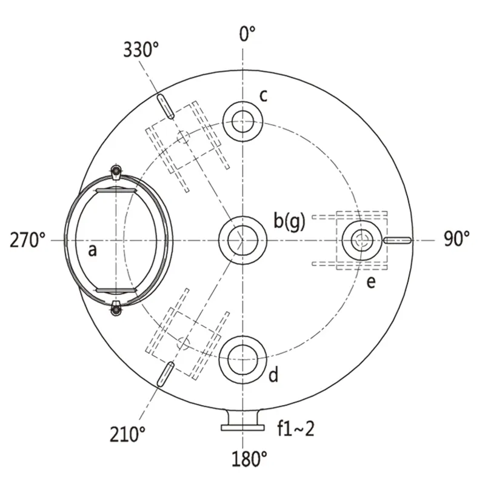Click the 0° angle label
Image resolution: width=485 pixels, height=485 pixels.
click(x=247, y=34)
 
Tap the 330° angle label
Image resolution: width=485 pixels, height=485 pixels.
click(x=141, y=50)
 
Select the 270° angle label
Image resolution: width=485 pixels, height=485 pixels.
click(x=27, y=240)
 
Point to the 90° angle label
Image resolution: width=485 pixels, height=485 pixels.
click(x=457, y=238)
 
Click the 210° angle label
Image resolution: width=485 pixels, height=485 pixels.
click(x=127, y=434)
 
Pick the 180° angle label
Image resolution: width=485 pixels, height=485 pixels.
click(x=249, y=459)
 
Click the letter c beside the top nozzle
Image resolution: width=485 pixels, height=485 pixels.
click(x=263, y=96)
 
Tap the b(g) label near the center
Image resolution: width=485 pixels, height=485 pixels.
click(x=290, y=221)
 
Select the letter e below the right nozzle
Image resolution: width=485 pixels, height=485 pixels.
click(x=371, y=282)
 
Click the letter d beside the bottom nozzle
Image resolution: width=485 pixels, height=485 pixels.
click(x=273, y=374)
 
